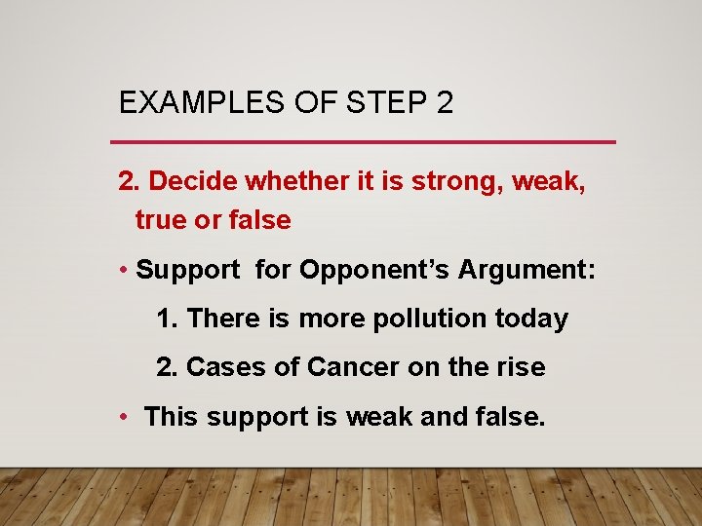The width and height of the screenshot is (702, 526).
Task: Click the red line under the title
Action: tap(367, 142)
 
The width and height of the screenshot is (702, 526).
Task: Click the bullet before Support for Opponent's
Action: tap(125, 271)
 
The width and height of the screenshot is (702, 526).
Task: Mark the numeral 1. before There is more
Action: tap(168, 319)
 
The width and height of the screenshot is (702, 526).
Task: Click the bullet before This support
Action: tap(125, 417)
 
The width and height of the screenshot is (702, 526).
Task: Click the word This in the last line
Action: tap(171, 417)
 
